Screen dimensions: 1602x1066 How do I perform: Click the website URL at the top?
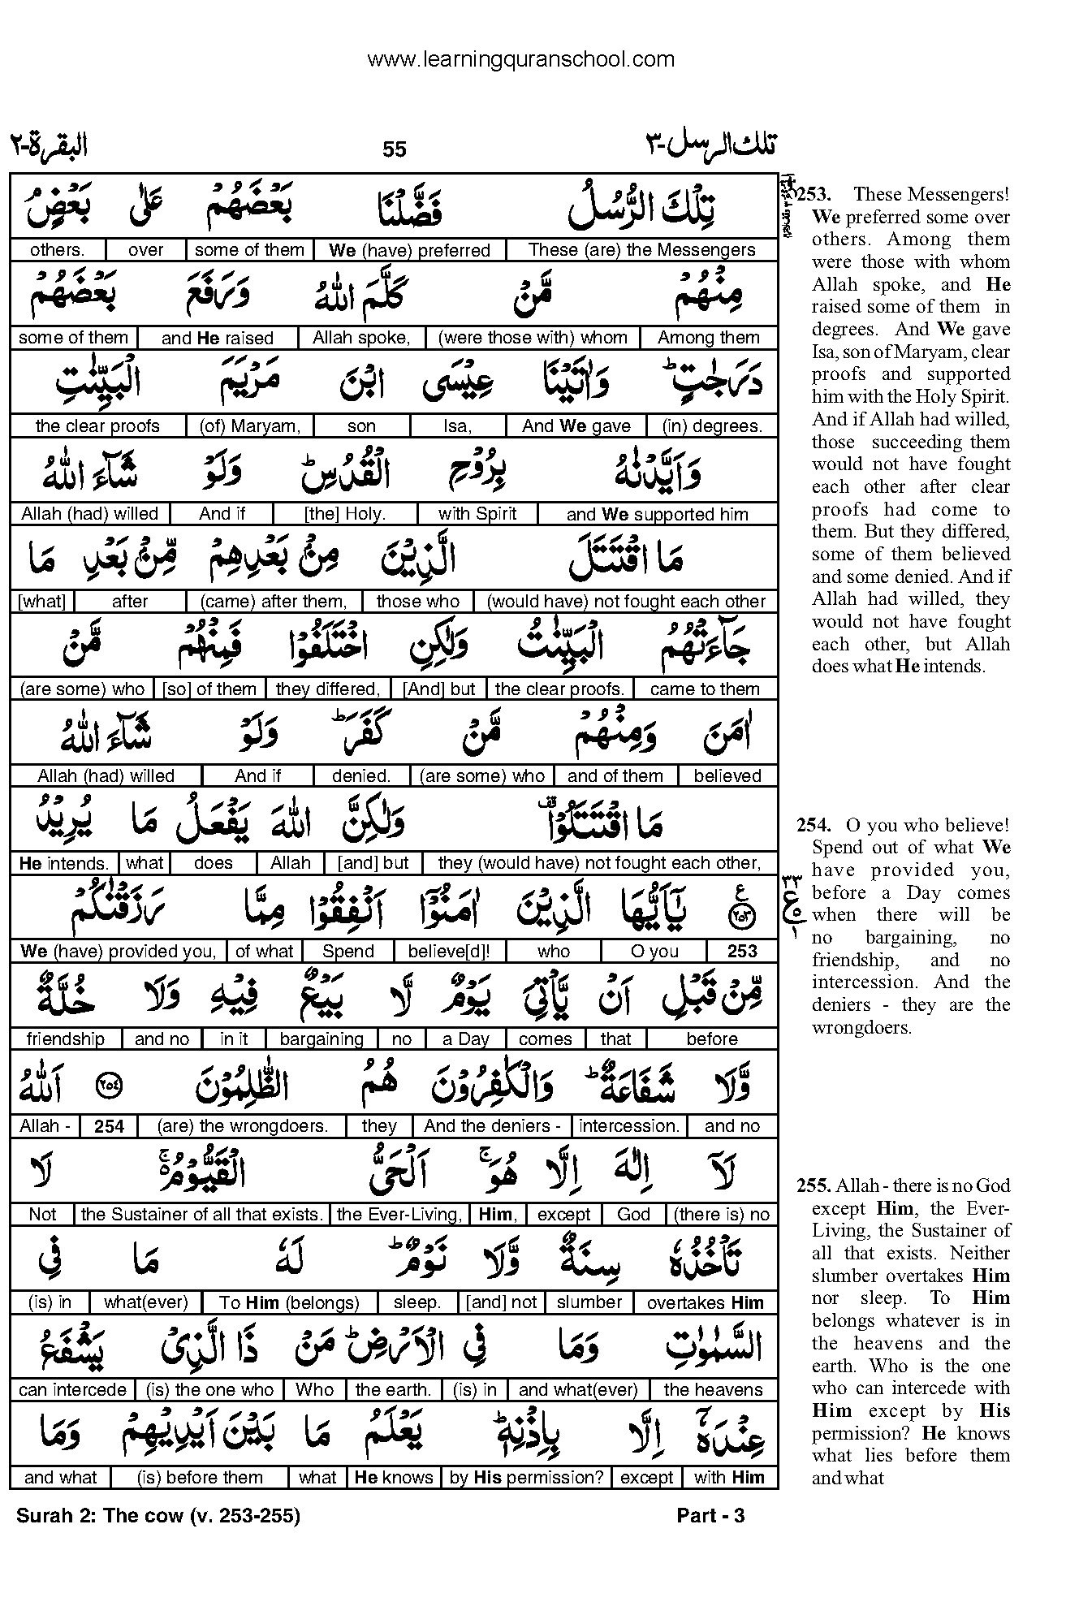(x=520, y=59)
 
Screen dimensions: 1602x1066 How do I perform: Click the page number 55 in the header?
(x=394, y=149)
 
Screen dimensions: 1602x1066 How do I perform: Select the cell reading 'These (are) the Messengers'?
(x=641, y=250)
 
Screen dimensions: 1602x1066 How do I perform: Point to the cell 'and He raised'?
(x=217, y=338)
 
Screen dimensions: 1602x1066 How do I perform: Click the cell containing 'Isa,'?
(x=458, y=425)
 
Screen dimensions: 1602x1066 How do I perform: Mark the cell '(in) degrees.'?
(x=712, y=425)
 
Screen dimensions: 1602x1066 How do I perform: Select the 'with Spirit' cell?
(x=477, y=514)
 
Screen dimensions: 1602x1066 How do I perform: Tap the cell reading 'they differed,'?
(x=328, y=689)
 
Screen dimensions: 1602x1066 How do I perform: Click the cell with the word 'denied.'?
(x=360, y=776)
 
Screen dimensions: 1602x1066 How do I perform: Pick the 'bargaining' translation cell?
(x=322, y=1039)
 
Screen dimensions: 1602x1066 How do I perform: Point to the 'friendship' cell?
(x=66, y=1039)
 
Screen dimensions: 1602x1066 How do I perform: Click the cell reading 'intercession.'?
(x=629, y=1126)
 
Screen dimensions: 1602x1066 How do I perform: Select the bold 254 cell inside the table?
(x=109, y=1126)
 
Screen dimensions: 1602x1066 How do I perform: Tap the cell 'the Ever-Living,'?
(x=399, y=1215)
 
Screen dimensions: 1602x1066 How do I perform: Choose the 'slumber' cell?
(x=589, y=1302)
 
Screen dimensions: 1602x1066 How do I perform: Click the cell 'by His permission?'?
(x=527, y=1478)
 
